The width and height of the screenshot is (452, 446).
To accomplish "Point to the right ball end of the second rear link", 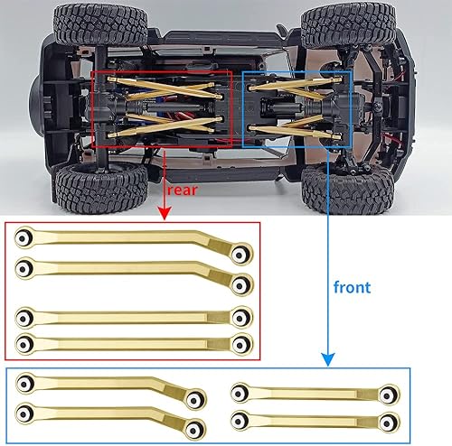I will click(x=241, y=286).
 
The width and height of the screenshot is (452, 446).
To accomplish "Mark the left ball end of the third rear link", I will click(x=25, y=318).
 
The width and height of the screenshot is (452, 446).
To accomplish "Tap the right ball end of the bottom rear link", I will click(x=241, y=344).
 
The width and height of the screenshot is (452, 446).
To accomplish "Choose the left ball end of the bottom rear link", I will click(x=25, y=343).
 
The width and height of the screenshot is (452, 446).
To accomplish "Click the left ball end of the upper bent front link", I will click(x=24, y=383).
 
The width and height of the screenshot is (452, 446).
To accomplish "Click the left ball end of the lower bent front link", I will click(x=24, y=412).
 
